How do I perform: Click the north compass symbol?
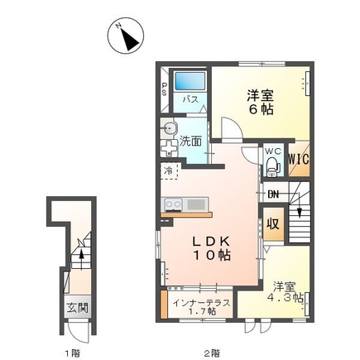pyautogui.click(x=126, y=36)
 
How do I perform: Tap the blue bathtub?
pyautogui.click(x=190, y=80)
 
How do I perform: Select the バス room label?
pyautogui.click(x=190, y=99)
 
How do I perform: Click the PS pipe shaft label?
pyautogui.click(x=165, y=89)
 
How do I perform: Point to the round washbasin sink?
pyautogui.click(x=169, y=128)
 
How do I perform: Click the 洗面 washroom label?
pyautogui.click(x=190, y=141)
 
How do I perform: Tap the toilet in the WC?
pyautogui.click(x=273, y=166)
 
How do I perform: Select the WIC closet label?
pyautogui.click(x=299, y=159)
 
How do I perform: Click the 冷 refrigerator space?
pyautogui.click(x=169, y=171)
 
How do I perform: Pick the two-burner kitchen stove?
pyautogui.click(x=173, y=204)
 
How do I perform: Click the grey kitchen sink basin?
pyautogui.click(x=196, y=204)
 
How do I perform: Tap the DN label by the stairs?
pyautogui.click(x=273, y=194)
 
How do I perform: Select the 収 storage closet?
pyautogui.click(x=273, y=223)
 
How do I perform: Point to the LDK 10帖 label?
pyautogui.click(x=212, y=248)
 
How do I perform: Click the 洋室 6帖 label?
pyautogui.click(x=260, y=103)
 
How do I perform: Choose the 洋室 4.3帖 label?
pyautogui.click(x=286, y=292)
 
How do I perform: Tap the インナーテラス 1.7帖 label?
pyautogui.click(x=201, y=307)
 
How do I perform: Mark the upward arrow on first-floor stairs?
pyautogui.click(x=81, y=257)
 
